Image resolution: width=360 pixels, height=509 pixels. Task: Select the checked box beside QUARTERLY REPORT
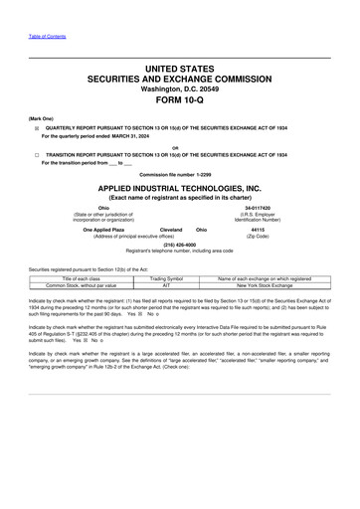[x=38, y=128]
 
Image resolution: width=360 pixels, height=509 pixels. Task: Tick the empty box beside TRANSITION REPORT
[x=38, y=155]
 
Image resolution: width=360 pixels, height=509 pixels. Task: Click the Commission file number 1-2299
[x=180, y=176]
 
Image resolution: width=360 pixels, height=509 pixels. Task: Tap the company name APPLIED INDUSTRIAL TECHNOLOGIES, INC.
[x=180, y=188]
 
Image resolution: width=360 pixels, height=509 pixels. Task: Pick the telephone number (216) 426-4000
[x=180, y=243]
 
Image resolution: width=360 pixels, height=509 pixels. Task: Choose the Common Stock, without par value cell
[x=89, y=286]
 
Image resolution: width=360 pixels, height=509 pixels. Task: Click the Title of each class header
[x=89, y=279]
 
